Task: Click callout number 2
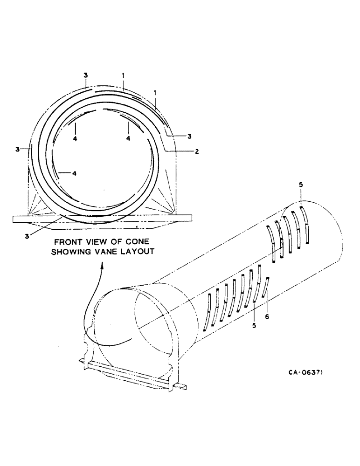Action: [x=197, y=151]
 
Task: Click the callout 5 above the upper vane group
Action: [x=301, y=185]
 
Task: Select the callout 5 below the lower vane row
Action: [x=254, y=326]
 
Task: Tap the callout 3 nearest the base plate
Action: [x=28, y=236]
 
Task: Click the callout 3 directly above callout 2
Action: [x=190, y=136]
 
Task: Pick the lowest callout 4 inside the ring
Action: [x=74, y=173]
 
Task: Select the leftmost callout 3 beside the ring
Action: [x=17, y=149]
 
